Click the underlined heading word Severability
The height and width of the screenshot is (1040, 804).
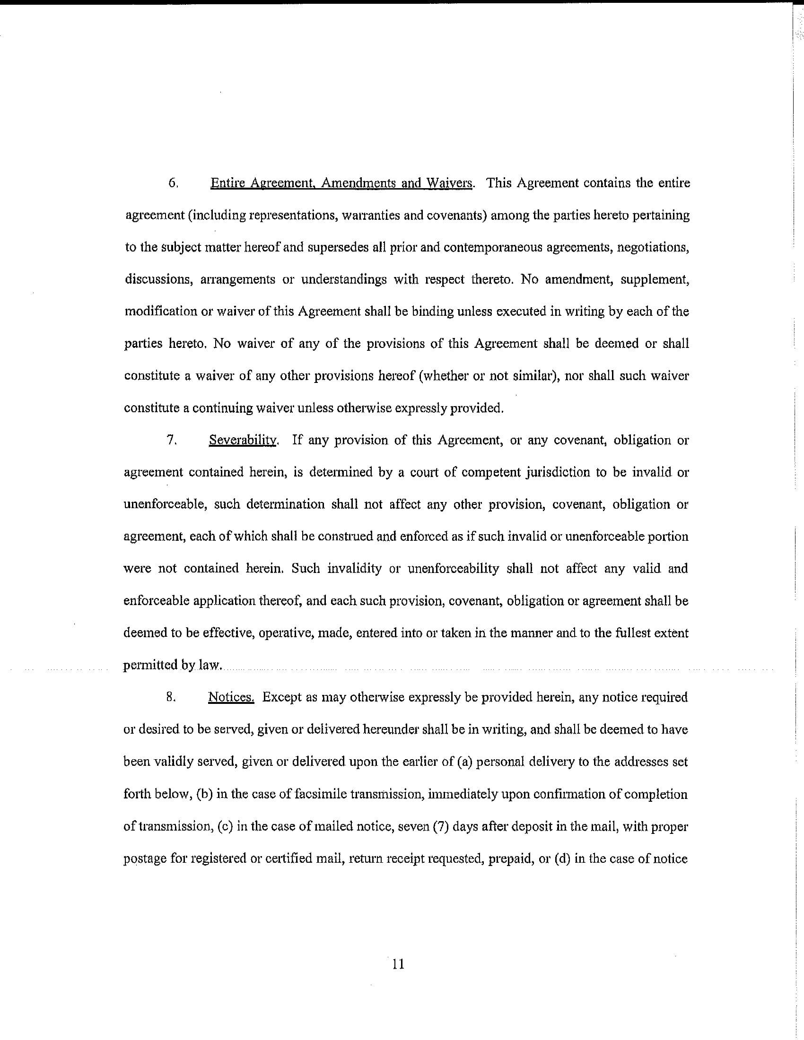pos(243,441)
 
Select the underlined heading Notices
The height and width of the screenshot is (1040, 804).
pos(231,697)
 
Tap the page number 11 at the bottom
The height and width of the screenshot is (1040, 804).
pos(398,965)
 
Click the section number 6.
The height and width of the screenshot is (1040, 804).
pos(173,183)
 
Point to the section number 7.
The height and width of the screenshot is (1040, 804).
pos(173,441)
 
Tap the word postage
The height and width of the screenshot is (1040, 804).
pos(145,859)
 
